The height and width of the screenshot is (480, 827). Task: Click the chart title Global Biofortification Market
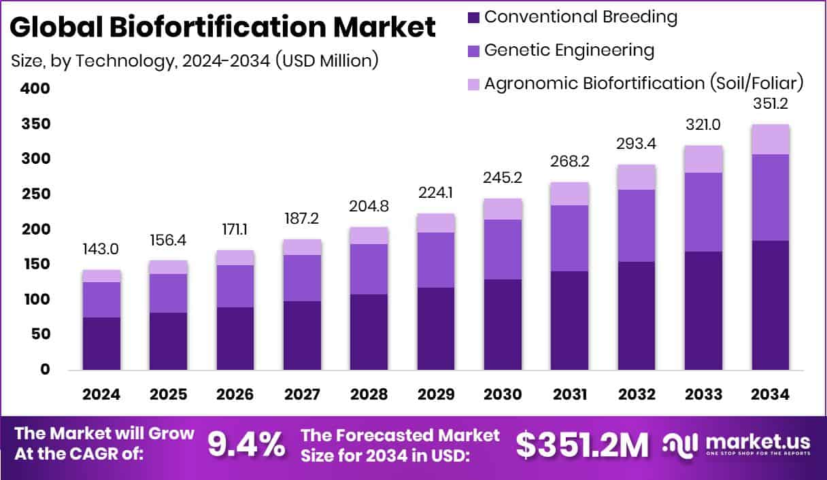223,27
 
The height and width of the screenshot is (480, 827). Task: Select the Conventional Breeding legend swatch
474,17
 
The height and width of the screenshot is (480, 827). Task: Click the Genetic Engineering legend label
569,50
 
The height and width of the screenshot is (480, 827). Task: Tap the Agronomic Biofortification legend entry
643,83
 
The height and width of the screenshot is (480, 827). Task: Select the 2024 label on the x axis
101,395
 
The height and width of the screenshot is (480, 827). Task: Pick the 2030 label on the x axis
503,395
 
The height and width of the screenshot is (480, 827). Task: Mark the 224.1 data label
436,192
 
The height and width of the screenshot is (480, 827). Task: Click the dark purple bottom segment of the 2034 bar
771,305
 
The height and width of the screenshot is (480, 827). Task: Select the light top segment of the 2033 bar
704,159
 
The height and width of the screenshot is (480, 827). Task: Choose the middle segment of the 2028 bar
369,269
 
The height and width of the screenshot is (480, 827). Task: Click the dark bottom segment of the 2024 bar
101,343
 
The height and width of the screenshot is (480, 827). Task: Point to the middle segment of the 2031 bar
569,238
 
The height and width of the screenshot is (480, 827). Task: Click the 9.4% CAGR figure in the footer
246,444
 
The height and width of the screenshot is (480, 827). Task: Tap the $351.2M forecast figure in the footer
582,444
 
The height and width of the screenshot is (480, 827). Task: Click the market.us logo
738,445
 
